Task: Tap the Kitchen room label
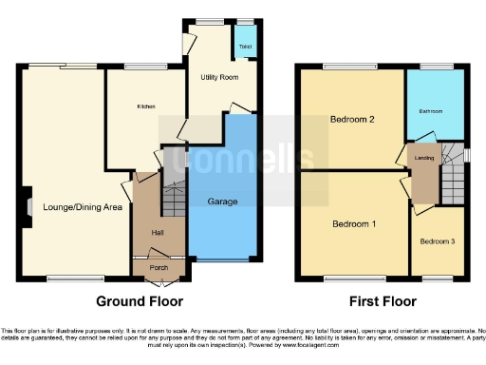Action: [x=145, y=106]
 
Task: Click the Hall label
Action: [x=159, y=233]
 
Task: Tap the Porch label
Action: [x=159, y=267]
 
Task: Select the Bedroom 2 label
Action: [x=351, y=120]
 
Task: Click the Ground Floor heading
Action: [x=140, y=301]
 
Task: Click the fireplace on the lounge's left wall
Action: [x=28, y=205]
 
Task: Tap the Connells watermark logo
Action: [x=242, y=147]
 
